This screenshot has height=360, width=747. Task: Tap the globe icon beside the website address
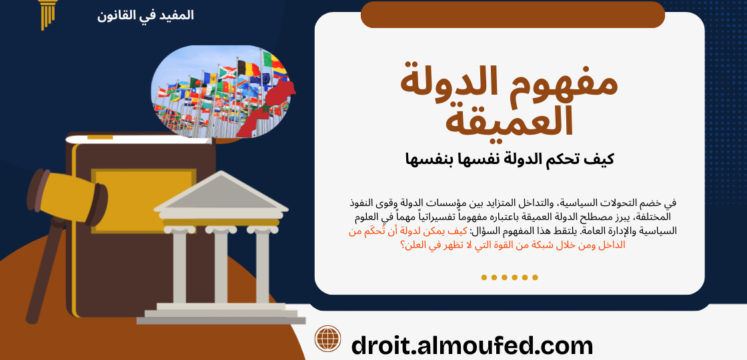click(x=327, y=339)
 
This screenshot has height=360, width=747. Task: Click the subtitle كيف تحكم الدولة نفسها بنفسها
click(x=509, y=159)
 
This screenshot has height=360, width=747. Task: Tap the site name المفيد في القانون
click(x=145, y=16)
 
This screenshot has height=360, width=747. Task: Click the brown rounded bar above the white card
click(x=513, y=15)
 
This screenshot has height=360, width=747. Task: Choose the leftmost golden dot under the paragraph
click(x=484, y=277)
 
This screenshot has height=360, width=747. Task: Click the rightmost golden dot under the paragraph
click(x=535, y=277)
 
